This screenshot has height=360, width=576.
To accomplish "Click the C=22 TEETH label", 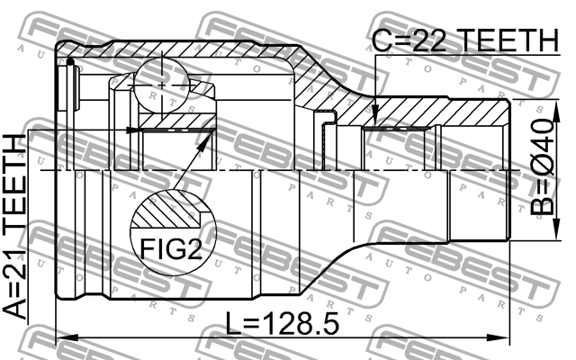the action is [x=465, y=40].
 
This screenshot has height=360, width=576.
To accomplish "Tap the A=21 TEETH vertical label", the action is [x=15, y=227].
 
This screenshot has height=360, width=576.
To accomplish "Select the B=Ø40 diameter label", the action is [x=542, y=166].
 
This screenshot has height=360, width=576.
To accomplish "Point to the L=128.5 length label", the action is [x=282, y=324].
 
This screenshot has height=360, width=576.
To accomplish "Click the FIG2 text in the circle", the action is [x=171, y=248].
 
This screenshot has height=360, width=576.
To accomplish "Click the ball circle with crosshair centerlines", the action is [x=161, y=85].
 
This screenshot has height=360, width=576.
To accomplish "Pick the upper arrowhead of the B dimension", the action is [x=557, y=111].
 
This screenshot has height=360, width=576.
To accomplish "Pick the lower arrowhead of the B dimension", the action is [x=557, y=229].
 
